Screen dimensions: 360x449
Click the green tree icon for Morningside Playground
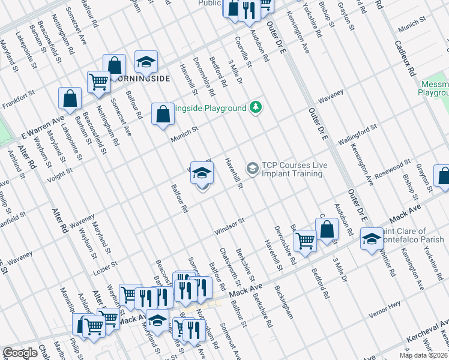(256, 107)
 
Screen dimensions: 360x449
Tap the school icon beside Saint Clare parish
(372, 238)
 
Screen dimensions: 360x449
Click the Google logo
(20, 353)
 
